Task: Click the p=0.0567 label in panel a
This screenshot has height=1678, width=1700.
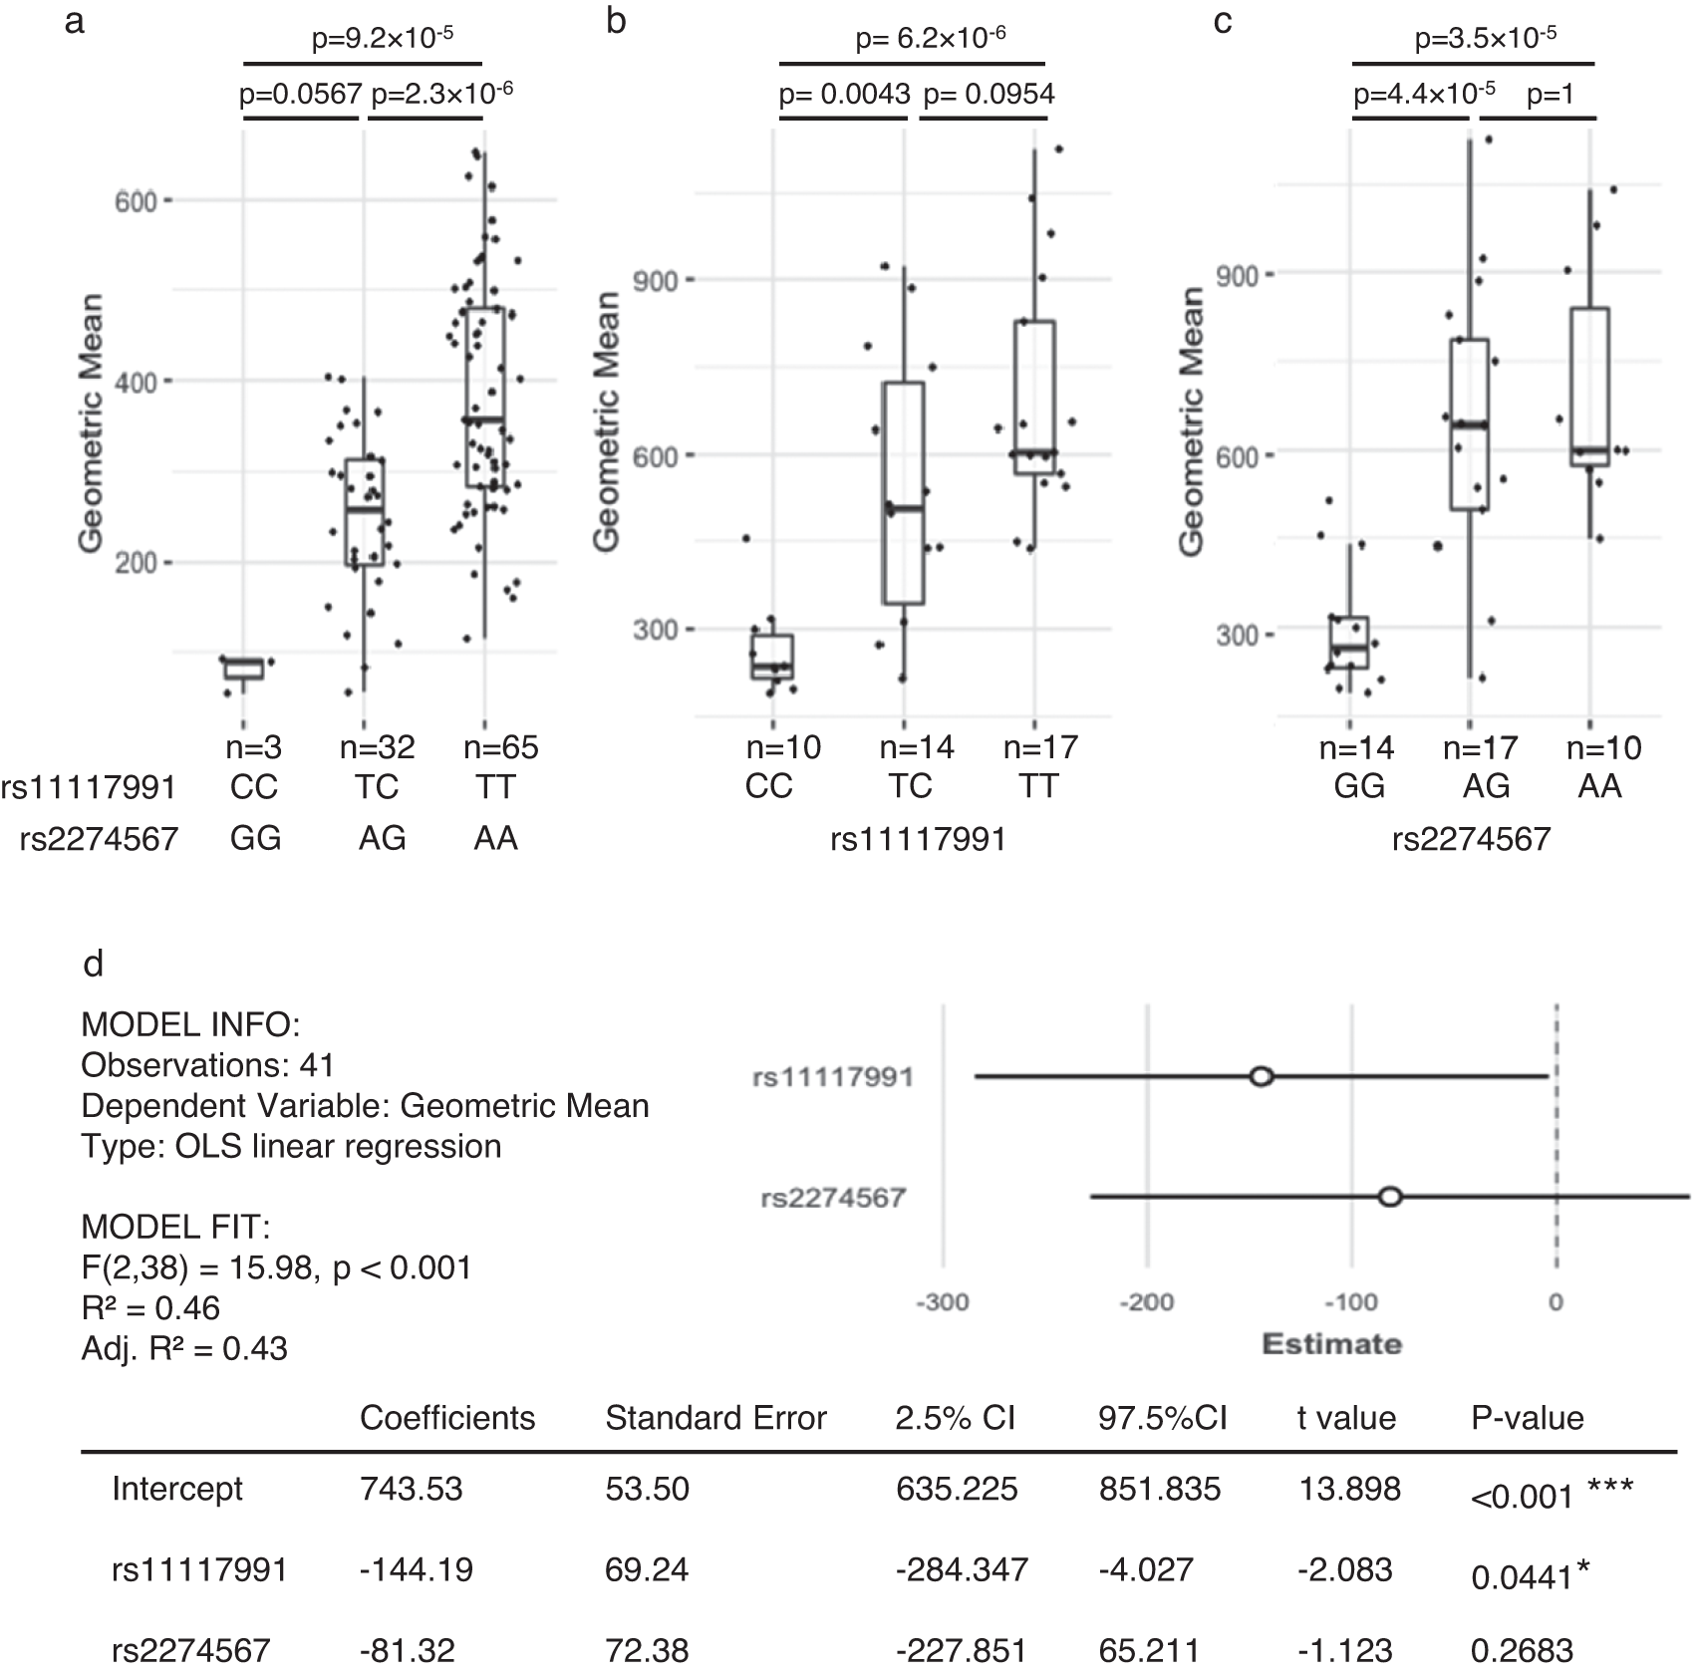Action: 300,94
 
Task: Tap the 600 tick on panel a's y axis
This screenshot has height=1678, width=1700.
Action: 137,202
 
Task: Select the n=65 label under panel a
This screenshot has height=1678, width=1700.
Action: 501,747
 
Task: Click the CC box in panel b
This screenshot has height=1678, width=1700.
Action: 772,657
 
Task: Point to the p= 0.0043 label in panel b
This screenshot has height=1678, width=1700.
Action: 844,94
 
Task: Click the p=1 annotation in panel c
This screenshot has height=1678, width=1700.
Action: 1551,94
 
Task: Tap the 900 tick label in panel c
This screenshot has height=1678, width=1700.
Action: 1238,275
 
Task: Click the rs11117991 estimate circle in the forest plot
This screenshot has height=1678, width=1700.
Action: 1262,1076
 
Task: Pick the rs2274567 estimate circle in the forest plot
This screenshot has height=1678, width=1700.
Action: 1390,1197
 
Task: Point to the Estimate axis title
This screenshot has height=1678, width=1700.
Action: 1331,1344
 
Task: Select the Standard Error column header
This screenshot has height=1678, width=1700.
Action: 715,1418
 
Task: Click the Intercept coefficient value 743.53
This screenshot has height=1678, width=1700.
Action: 411,1489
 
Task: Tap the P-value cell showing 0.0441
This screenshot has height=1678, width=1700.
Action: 1522,1576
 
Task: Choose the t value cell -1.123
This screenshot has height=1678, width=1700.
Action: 1344,1650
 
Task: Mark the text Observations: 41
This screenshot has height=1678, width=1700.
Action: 207,1065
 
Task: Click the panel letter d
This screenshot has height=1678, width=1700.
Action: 93,964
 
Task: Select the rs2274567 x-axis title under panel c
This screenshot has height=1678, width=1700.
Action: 1471,839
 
